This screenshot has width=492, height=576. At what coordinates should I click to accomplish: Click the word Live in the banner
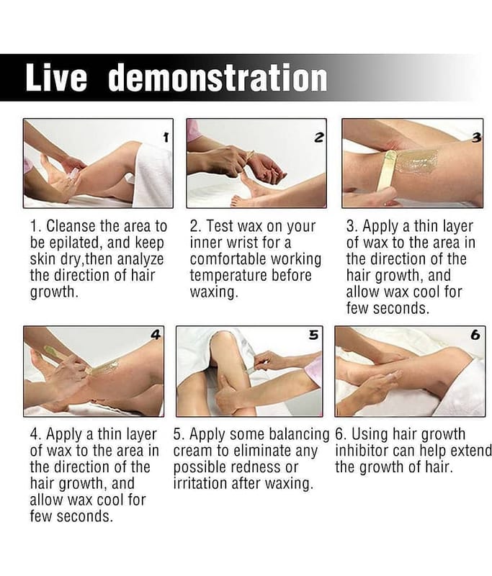click(56, 78)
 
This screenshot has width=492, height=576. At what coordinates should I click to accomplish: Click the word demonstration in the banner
click(218, 78)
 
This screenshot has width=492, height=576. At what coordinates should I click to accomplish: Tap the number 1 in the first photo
click(166, 138)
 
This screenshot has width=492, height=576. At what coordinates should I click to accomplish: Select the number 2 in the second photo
click(319, 138)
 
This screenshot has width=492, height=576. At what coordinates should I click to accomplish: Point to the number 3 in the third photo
click(476, 138)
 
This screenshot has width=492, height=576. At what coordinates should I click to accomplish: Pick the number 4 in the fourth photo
click(156, 335)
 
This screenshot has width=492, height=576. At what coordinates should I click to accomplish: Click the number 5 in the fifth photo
click(313, 335)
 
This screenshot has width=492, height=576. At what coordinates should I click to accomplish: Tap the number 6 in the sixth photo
click(475, 335)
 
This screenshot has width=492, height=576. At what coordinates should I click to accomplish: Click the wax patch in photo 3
click(415, 161)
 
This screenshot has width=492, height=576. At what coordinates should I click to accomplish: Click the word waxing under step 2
click(213, 292)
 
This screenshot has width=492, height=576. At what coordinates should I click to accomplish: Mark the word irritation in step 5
click(197, 483)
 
